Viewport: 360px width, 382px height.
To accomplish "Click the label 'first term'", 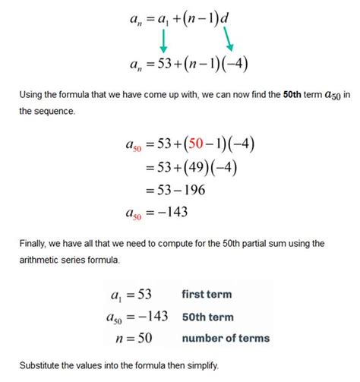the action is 207,294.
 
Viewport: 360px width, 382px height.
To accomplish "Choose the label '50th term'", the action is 207,317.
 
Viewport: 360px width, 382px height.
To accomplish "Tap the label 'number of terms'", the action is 226,339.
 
